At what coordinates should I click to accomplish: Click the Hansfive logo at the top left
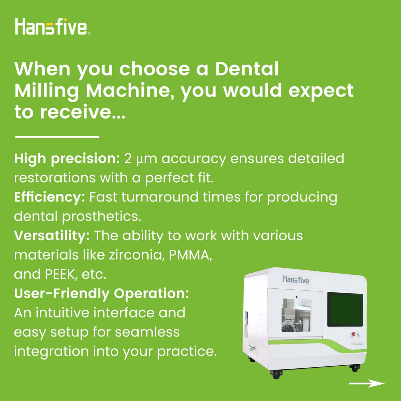pyautogui.click(x=52, y=26)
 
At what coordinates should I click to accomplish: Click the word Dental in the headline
pyautogui.click(x=247, y=69)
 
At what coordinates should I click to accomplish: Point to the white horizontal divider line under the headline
pyautogui.click(x=57, y=137)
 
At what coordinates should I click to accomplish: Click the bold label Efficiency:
pyautogui.click(x=49, y=197)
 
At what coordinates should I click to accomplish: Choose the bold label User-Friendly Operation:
pyautogui.click(x=101, y=293)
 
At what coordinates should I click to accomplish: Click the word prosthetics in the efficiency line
pyautogui.click(x=102, y=217)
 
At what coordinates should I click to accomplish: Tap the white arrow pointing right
pyautogui.click(x=367, y=383)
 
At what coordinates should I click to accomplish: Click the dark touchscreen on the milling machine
pyautogui.click(x=345, y=310)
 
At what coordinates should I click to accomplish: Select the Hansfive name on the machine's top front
pyautogui.click(x=296, y=279)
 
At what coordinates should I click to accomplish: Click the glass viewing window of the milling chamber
pyautogui.click(x=296, y=315)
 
